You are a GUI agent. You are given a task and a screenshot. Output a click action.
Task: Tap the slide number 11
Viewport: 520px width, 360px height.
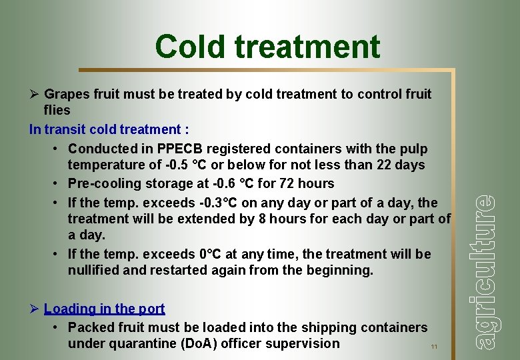434,347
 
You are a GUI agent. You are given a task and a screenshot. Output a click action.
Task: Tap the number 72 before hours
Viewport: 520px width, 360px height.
278,183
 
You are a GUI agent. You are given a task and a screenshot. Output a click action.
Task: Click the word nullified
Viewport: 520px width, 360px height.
96,271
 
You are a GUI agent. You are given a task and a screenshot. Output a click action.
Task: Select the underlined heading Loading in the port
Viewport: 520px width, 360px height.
104,309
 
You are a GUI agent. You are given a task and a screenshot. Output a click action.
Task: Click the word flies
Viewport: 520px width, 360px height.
57,110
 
